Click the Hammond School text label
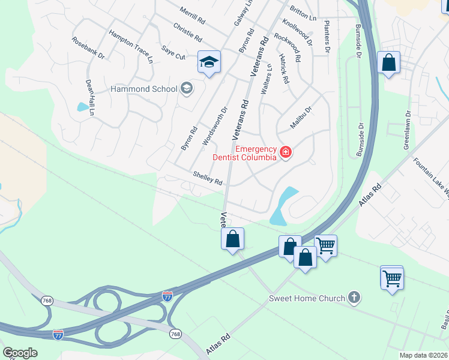pos(143,89)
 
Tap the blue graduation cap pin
pos(209,62)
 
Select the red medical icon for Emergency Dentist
pos(285,153)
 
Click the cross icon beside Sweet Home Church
pos(355,298)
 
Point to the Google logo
pos(20,353)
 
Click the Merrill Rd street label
pos(193,16)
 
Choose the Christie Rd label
pos(187,33)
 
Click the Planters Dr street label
pos(327,37)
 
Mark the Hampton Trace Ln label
pos(130,46)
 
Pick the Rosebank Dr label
pos(88,48)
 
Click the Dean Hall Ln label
pos(90,97)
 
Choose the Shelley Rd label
pos(208,178)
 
